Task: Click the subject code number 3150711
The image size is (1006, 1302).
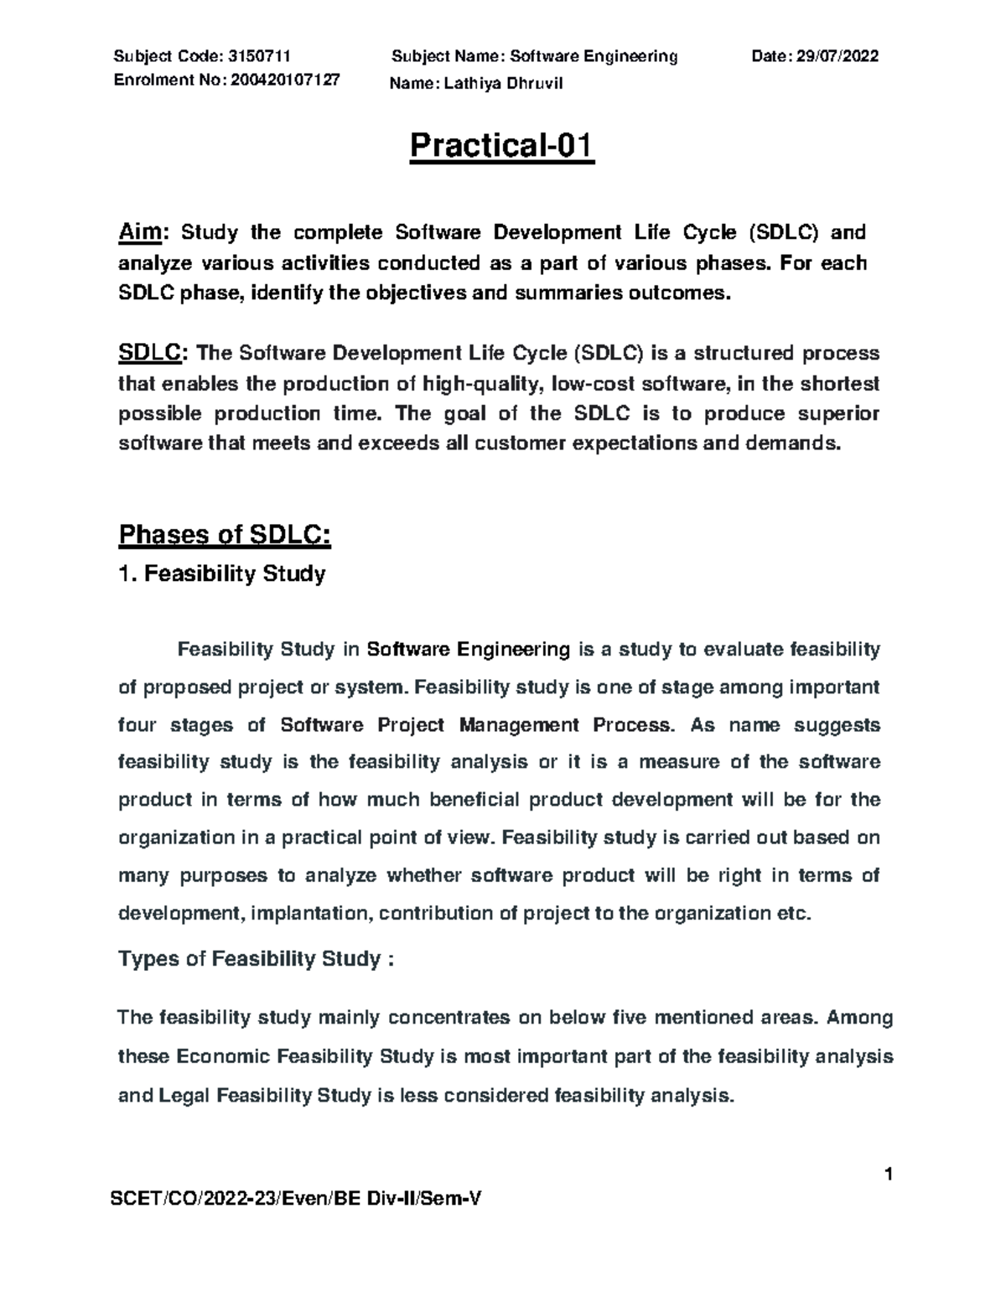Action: click(x=259, y=56)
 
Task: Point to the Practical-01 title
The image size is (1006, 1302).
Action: click(x=502, y=146)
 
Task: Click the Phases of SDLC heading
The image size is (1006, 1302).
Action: click(x=225, y=534)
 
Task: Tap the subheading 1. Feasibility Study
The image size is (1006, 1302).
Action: click(x=222, y=574)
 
